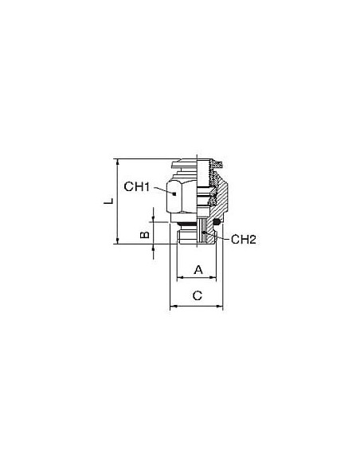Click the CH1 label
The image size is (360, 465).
pos(137,186)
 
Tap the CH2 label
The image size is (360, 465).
pos(243,239)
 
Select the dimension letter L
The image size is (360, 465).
pos(108,201)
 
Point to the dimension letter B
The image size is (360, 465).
pos(144,235)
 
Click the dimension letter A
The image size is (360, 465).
pos(198,270)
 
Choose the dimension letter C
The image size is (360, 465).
pos(198,295)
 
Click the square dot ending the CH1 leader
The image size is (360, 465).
pos(174,194)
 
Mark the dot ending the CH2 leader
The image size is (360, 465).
pos(203,232)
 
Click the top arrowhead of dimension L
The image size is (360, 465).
pos(118,162)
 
